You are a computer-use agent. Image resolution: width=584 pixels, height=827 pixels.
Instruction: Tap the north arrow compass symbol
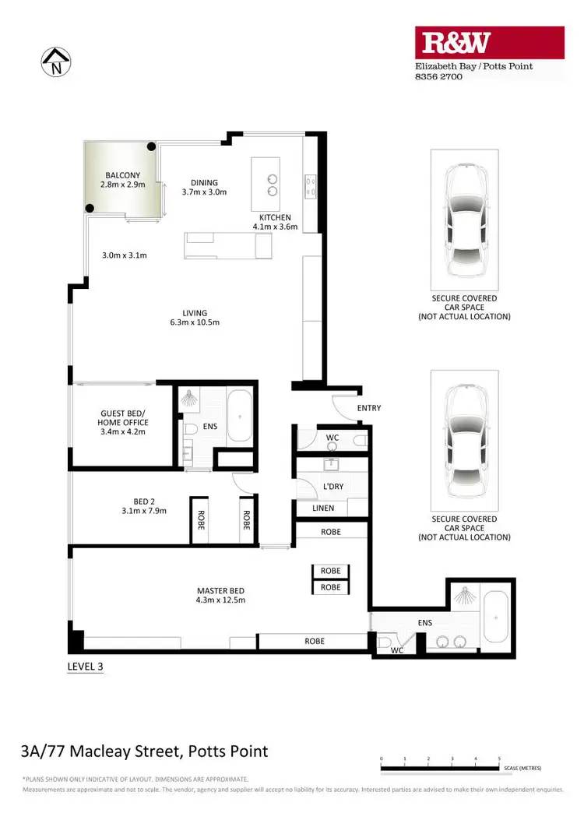pos(55,61)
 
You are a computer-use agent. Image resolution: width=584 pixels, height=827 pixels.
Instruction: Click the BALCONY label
pos(124,180)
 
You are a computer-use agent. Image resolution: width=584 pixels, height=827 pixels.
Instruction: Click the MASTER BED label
pos(221,595)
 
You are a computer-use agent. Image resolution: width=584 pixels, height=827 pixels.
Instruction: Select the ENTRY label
pos(368,408)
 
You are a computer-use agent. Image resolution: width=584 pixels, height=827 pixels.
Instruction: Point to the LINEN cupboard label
pos(322,508)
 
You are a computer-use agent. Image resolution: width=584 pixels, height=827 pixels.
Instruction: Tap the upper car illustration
pos(464,220)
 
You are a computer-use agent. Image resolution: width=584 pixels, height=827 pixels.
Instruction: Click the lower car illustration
pos(464,441)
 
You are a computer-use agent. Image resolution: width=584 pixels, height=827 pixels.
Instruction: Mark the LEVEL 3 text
pos(85,666)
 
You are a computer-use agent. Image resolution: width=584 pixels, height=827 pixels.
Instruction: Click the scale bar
pos(440,768)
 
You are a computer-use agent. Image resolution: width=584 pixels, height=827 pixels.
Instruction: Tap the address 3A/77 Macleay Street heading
pos(144,751)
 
